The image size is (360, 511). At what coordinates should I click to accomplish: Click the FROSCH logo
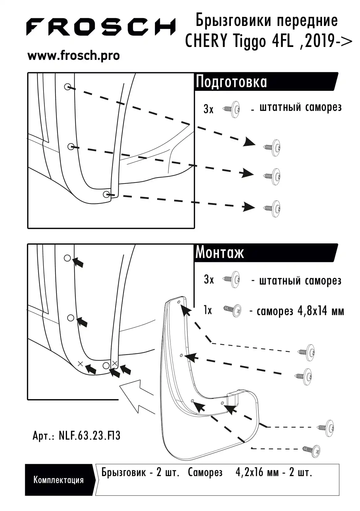click(x=101, y=27)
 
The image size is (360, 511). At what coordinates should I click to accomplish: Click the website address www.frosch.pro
click(x=73, y=56)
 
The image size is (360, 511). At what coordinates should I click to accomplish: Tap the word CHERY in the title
click(x=206, y=41)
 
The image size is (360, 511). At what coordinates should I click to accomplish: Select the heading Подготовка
click(x=231, y=82)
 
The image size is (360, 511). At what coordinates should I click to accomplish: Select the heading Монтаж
click(x=220, y=253)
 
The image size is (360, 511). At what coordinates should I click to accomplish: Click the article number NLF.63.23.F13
click(x=90, y=436)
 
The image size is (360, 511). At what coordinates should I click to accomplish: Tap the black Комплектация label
click(x=59, y=480)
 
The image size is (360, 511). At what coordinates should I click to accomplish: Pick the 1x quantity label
click(x=208, y=310)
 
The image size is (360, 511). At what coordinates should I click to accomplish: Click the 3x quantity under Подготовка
click(x=208, y=109)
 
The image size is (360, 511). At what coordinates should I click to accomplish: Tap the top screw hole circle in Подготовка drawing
click(x=68, y=87)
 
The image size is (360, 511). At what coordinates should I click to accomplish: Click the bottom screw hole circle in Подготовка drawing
click(x=107, y=194)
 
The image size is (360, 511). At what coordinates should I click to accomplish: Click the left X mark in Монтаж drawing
click(x=80, y=364)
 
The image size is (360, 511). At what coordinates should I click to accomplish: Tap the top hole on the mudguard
click(x=179, y=302)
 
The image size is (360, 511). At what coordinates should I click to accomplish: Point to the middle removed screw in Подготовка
click(x=272, y=176)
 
